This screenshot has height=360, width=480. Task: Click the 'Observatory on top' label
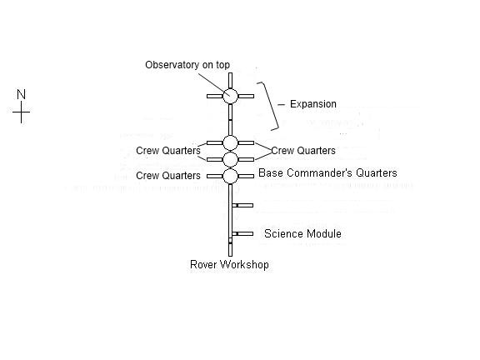(187, 65)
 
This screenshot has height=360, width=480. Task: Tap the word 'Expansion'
(313, 104)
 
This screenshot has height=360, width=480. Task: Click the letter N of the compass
(21, 94)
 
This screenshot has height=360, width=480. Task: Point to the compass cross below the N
(21, 112)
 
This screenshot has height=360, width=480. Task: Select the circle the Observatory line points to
(230, 96)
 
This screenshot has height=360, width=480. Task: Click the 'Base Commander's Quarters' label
(327, 173)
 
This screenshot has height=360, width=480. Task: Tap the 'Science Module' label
(302, 234)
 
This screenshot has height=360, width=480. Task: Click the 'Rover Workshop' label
(229, 264)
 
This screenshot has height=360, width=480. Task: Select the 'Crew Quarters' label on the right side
(303, 151)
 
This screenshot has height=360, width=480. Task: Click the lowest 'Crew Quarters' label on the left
(168, 176)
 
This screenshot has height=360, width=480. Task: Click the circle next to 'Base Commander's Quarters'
(230, 176)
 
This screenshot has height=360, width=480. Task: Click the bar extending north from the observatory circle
(231, 81)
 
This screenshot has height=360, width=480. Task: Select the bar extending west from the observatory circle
(215, 96)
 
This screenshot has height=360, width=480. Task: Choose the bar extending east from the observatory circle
(246, 96)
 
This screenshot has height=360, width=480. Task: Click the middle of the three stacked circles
(230, 159)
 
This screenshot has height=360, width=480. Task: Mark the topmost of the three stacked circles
(230, 143)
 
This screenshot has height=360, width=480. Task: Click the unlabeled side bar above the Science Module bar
(242, 205)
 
